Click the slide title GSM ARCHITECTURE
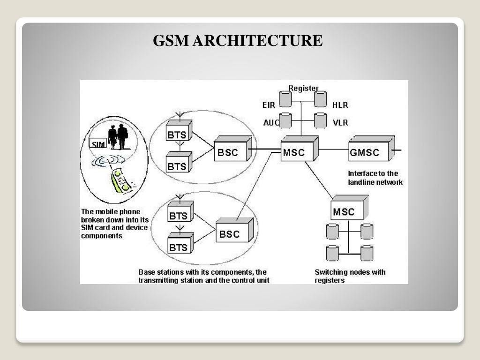[238, 40]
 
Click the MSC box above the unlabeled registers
[349, 208]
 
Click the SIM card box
[98, 143]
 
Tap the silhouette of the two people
[118, 136]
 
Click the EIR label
[269, 105]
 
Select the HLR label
[340, 105]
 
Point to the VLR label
[340, 123]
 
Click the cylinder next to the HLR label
[320, 99]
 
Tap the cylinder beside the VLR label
[320, 120]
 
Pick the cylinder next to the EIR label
[285, 99]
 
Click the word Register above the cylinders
[303, 88]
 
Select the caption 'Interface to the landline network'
[375, 178]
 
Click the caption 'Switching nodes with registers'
[350, 276]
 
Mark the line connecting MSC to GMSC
[334, 150]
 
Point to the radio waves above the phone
[109, 161]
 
